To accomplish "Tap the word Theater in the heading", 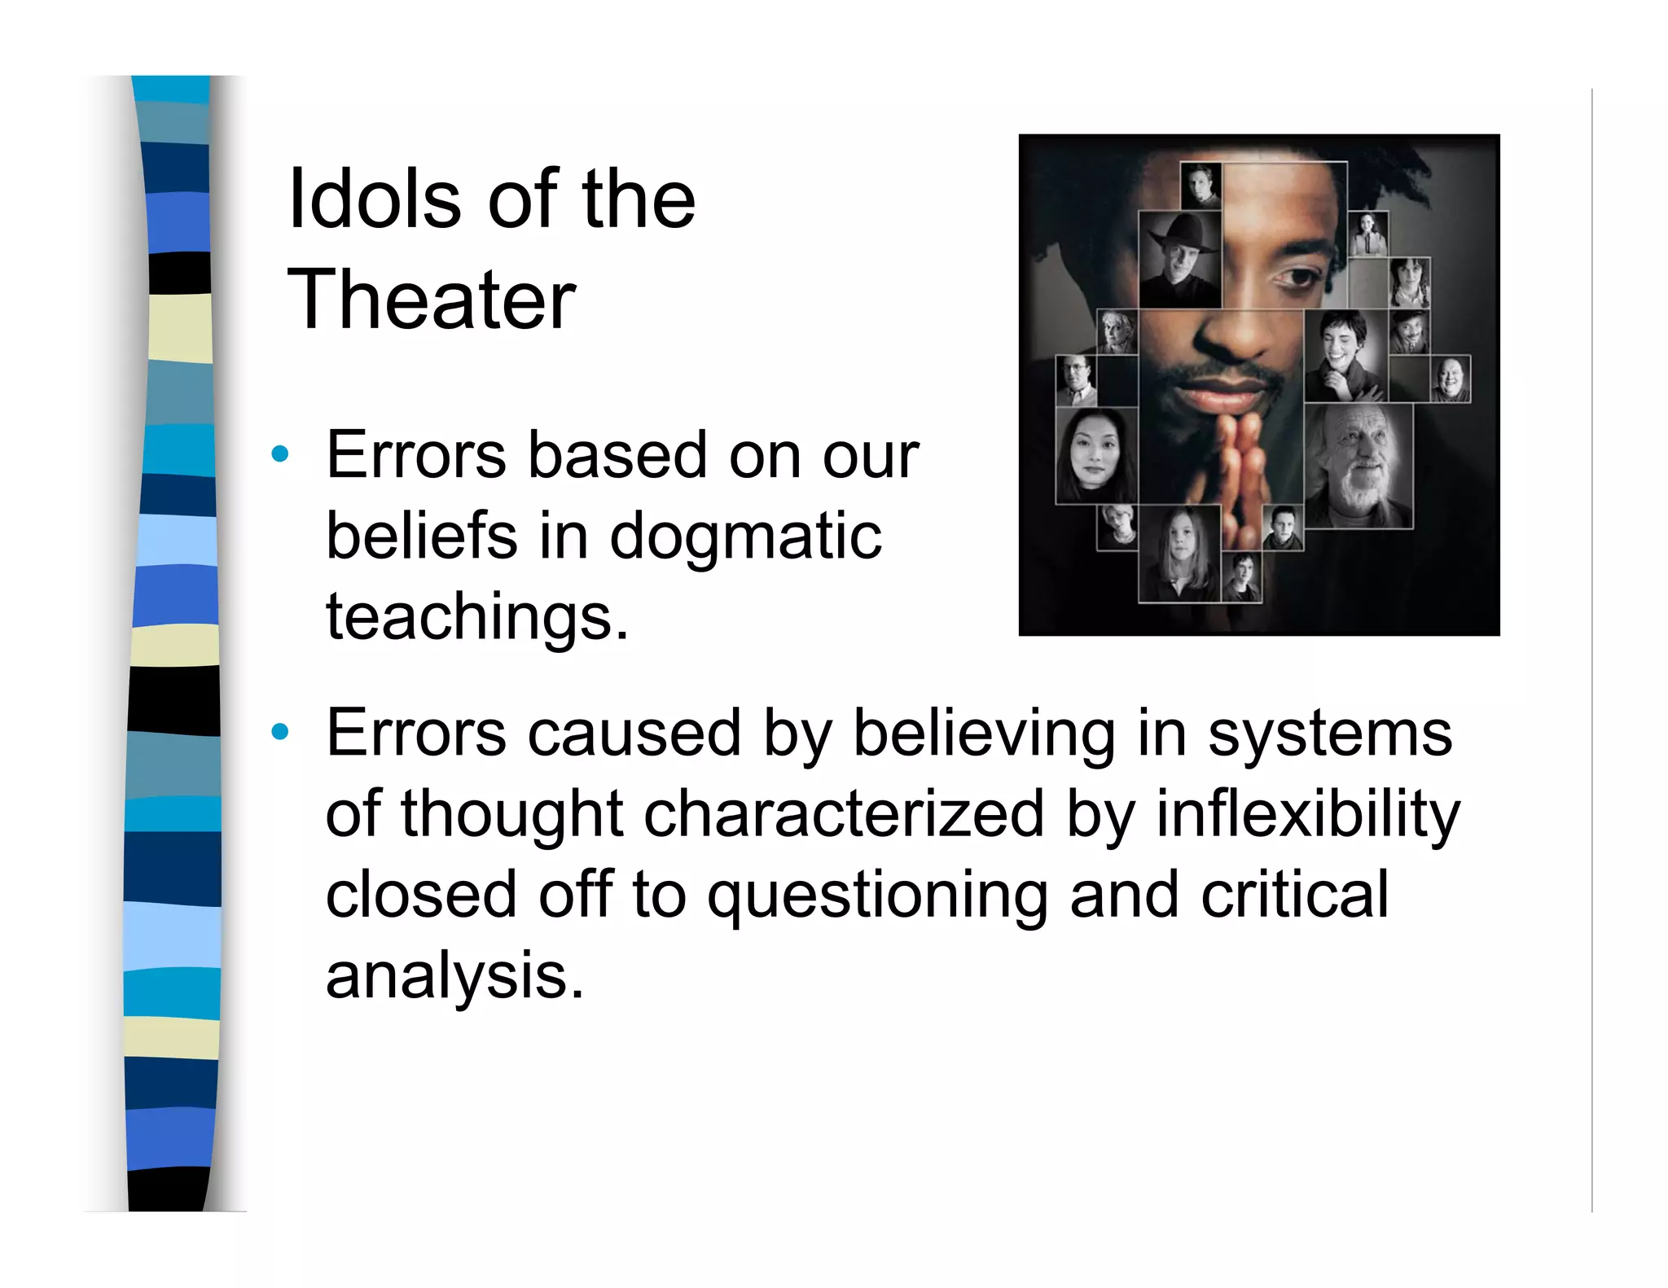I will tap(432, 300).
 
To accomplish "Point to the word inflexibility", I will tap(1307, 814).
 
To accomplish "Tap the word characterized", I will tap(844, 814).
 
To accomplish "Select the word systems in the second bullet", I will tap(1329, 734).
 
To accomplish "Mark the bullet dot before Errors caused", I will tap(280, 732).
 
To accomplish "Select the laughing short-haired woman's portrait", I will tap(1345, 356).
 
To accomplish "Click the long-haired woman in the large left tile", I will tap(1095, 456).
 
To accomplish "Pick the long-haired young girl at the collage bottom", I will tap(1179, 554).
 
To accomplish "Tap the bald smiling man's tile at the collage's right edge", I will tap(1450, 379).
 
